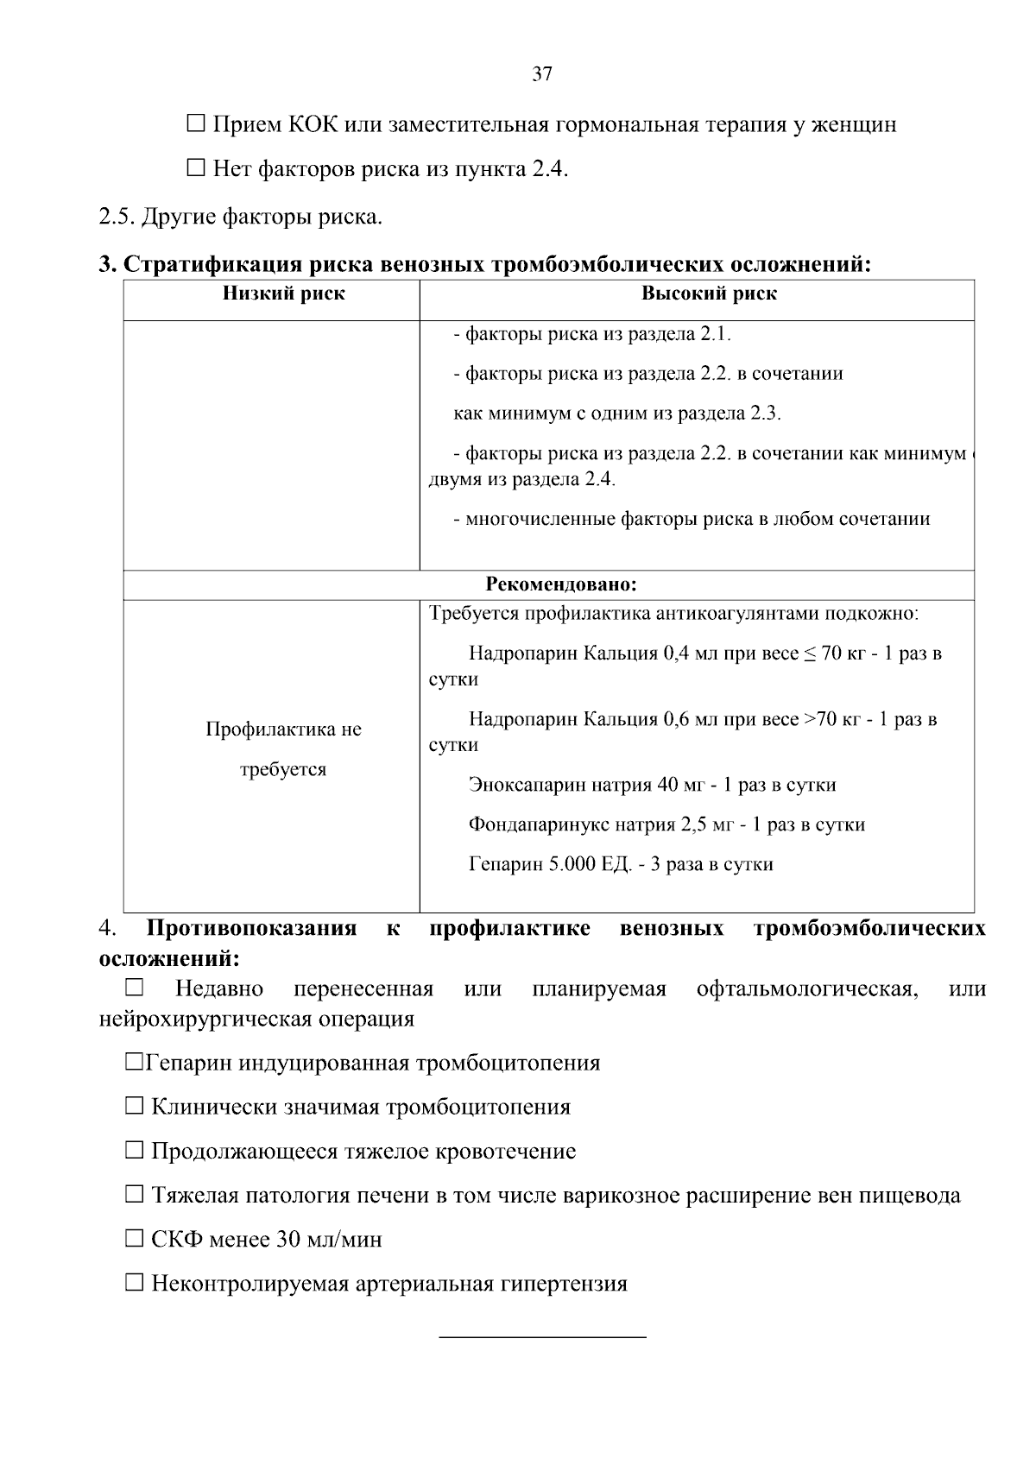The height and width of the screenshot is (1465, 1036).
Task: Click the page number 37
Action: click(x=541, y=74)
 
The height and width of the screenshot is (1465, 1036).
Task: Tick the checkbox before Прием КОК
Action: click(x=196, y=125)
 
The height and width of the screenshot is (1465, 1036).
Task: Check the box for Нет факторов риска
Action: click(x=196, y=169)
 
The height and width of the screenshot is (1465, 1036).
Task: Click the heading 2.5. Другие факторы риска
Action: click(x=241, y=216)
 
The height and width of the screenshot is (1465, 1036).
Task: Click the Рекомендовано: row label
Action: click(x=561, y=585)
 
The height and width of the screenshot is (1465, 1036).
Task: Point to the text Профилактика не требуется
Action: click(x=283, y=748)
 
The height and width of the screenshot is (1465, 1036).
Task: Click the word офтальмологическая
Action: click(x=806, y=989)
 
